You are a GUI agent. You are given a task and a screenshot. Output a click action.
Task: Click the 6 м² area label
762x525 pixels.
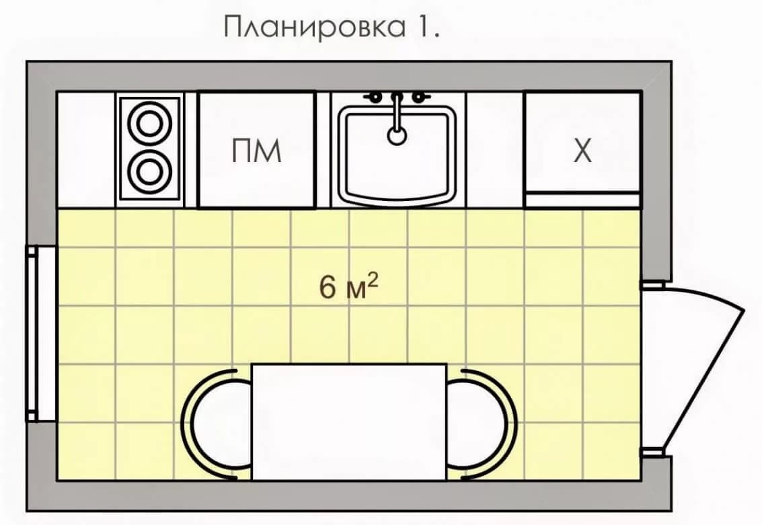tap(348, 286)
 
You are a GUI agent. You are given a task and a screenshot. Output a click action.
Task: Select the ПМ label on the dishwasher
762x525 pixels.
tap(256, 151)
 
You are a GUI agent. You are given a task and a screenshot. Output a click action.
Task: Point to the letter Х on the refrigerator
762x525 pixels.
tap(582, 151)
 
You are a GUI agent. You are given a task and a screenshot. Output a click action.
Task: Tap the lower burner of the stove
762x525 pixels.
tap(150, 171)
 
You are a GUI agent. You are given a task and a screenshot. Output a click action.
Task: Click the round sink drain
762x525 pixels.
tap(397, 136)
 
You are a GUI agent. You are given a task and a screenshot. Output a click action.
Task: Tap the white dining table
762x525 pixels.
tap(349, 422)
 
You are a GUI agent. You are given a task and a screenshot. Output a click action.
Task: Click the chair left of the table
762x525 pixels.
tap(217, 424)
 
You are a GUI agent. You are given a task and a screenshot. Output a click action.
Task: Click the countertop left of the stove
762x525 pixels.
tap(87, 150)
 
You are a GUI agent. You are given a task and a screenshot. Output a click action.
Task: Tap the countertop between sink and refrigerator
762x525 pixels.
tap(495, 150)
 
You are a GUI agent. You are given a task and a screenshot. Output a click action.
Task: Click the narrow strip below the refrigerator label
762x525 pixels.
tap(582, 200)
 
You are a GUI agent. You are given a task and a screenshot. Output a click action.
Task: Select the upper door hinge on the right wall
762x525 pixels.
tap(652, 285)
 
